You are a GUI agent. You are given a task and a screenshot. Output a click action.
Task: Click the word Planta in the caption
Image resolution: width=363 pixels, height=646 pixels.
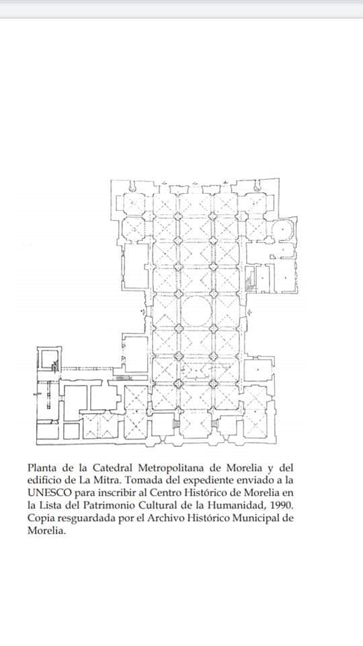tap(40, 468)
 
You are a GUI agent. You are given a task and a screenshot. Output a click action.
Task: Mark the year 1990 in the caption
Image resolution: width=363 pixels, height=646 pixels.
tap(282, 505)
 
